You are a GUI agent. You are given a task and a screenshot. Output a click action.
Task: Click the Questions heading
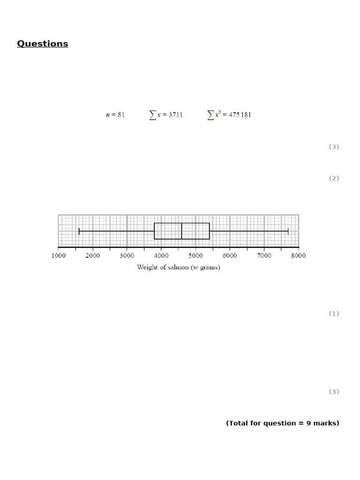(43, 44)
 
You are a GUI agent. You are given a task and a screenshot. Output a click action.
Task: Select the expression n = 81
(115, 115)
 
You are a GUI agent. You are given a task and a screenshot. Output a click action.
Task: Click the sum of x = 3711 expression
(166, 115)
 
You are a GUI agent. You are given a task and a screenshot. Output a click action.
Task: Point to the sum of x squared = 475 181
(229, 115)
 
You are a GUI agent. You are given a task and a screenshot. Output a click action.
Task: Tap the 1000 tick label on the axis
(59, 255)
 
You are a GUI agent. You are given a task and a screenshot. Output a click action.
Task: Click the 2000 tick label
(93, 255)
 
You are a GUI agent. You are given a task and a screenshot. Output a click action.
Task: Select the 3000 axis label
(127, 255)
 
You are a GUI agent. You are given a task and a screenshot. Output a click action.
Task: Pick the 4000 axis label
(161, 255)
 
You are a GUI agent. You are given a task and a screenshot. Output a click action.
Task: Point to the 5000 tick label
(195, 255)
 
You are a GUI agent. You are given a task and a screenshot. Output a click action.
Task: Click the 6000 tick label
(230, 255)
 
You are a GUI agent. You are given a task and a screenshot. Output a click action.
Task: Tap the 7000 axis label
(264, 255)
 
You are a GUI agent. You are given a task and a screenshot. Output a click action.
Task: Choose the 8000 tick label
(298, 255)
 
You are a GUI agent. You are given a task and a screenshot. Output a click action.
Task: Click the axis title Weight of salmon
(178, 267)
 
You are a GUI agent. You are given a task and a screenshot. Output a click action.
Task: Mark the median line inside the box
(182, 231)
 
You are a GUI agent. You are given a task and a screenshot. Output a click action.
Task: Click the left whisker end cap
(79, 231)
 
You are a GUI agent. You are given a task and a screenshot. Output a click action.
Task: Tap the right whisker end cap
(288, 231)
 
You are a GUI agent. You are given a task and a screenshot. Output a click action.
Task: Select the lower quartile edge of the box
(154, 231)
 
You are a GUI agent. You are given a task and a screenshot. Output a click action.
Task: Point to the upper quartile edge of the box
(209, 231)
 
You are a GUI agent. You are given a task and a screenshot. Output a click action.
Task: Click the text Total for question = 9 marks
(282, 423)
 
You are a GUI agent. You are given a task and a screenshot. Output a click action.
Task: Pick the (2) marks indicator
(333, 178)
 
